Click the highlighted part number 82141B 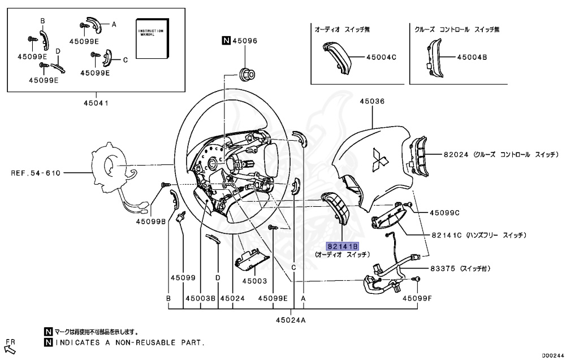tap(343, 246)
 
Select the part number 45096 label tap(244, 41)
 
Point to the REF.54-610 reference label tap(36, 173)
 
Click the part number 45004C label tap(381, 57)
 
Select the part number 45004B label tap(472, 57)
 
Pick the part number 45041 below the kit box tap(96, 103)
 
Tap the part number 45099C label tap(444, 213)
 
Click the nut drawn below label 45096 tap(247, 73)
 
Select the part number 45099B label tap(150, 222)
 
